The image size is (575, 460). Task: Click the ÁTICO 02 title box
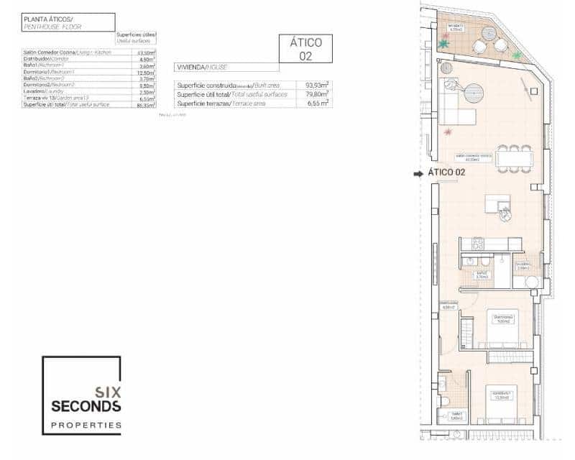click(305, 49)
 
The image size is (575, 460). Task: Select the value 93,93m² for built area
click(316, 85)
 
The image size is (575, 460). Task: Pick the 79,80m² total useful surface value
click(316, 94)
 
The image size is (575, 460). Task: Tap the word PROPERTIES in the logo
click(86, 425)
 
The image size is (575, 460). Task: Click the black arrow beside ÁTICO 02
click(418, 173)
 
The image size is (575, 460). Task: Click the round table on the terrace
click(489, 33)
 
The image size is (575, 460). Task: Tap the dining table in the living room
click(513, 158)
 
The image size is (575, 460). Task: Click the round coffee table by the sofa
click(475, 93)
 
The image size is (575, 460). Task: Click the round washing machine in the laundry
click(533, 282)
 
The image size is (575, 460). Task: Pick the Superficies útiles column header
click(135, 37)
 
